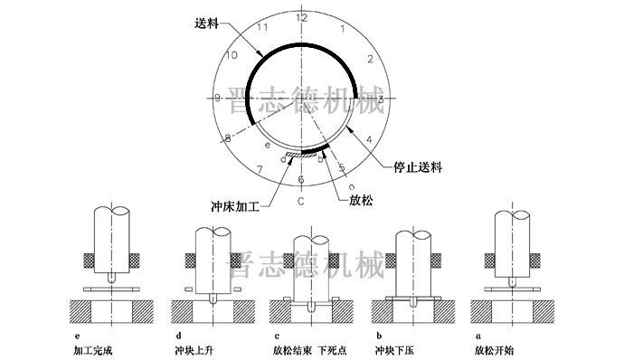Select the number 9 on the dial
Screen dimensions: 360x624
[x=218, y=98]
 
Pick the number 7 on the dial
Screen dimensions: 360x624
[x=260, y=169]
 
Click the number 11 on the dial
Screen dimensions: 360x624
[x=262, y=28]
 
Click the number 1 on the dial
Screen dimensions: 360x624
[x=341, y=29]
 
